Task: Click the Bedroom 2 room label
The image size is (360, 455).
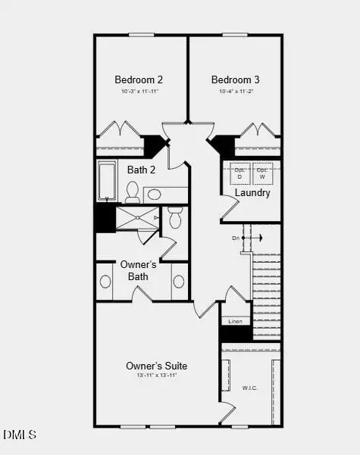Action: pos(139,79)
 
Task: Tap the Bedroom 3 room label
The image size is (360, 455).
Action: pos(235,79)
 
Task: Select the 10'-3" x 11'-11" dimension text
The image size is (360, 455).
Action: pos(139,92)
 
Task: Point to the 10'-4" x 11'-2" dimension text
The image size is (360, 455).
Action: pos(235,92)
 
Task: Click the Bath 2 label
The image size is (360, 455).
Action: pos(141,170)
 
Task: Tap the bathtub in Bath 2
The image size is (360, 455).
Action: pos(107,180)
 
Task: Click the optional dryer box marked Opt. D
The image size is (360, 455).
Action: pos(240,172)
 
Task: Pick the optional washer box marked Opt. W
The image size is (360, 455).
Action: pos(262,172)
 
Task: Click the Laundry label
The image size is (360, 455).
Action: pos(252,193)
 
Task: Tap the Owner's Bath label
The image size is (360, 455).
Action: pos(139,270)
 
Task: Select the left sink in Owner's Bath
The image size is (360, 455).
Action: pos(105,282)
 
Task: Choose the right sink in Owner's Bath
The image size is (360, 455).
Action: pos(179,282)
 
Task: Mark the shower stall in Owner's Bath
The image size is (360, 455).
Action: pos(136,218)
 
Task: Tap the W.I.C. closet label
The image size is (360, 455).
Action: pos(249,388)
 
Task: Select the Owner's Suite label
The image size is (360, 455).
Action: pos(156,366)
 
